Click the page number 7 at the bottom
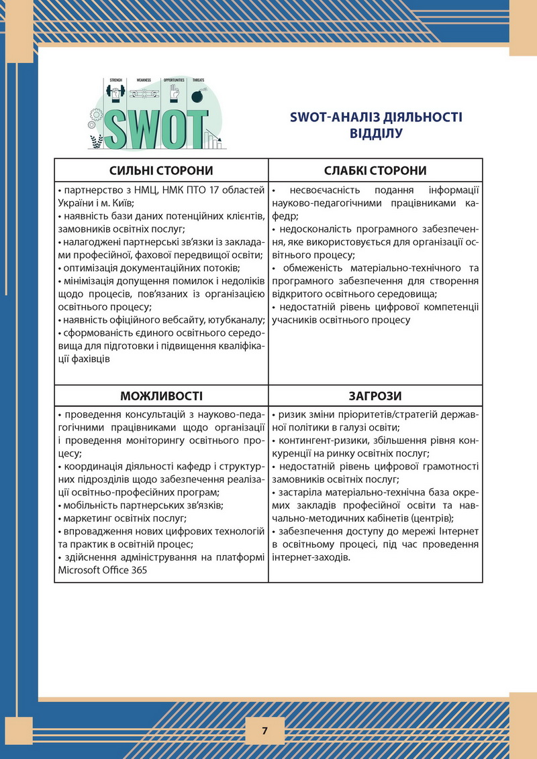click(x=264, y=731)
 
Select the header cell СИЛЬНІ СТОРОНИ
click(x=161, y=170)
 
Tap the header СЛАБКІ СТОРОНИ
click(x=375, y=170)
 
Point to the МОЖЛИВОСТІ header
click(x=161, y=396)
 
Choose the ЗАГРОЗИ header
click(x=375, y=396)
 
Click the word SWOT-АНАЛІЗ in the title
click(x=327, y=117)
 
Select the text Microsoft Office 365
click(x=102, y=571)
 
